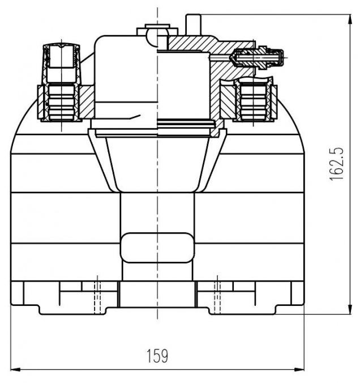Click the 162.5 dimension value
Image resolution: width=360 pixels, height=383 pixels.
click(x=337, y=164)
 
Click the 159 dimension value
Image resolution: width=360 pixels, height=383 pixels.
click(x=157, y=356)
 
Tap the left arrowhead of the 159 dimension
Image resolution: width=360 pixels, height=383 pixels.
click(x=15, y=369)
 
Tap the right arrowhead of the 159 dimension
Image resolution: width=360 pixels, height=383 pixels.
click(x=299, y=369)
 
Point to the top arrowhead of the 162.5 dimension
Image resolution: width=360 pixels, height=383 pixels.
click(x=350, y=19)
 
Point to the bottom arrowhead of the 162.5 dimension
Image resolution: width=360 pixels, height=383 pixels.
click(x=350, y=309)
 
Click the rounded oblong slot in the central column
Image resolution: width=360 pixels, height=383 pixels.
click(x=157, y=248)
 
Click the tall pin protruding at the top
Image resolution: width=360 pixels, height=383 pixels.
click(x=193, y=25)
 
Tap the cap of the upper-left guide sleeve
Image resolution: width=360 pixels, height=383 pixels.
click(x=61, y=56)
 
